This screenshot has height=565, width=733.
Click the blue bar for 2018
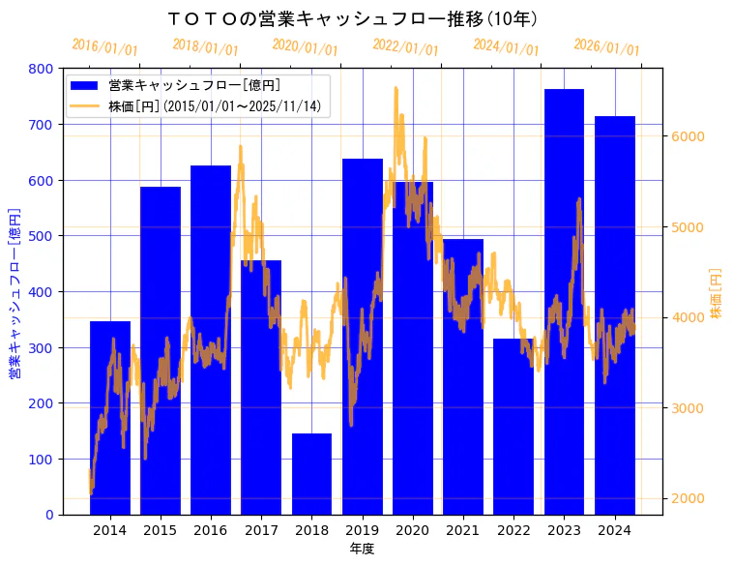click(311, 474)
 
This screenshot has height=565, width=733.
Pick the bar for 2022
click(513, 427)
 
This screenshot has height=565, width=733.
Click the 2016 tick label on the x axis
click(211, 530)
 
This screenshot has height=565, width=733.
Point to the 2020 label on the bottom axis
click(413, 530)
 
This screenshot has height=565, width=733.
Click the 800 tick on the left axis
click(41, 69)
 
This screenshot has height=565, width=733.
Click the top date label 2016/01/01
click(104, 47)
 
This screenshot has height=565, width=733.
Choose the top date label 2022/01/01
click(405, 47)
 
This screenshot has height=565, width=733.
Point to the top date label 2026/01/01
click(606, 47)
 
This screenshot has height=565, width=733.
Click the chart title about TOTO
click(352, 19)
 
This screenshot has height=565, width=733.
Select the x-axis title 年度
click(362, 549)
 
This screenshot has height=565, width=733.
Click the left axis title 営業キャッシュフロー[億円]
click(15, 292)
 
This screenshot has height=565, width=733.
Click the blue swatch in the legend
click(84, 85)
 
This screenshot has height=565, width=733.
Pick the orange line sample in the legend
click(84, 106)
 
